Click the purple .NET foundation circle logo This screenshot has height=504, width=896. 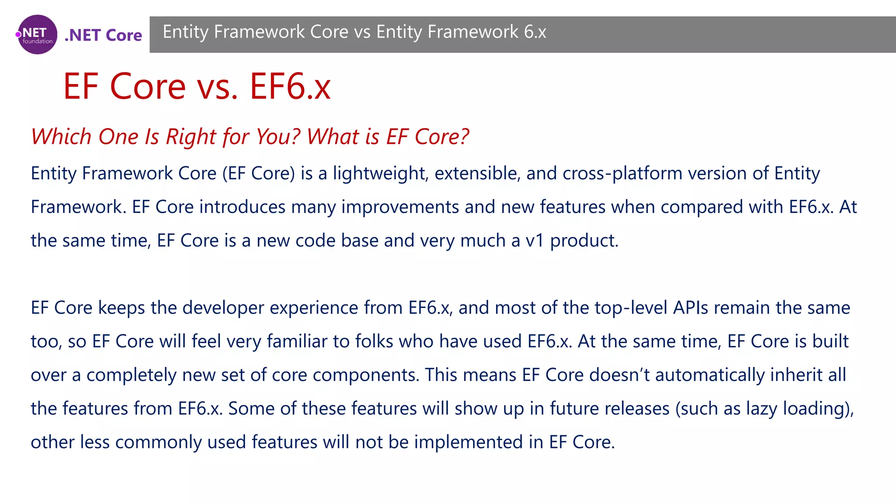[x=37, y=35]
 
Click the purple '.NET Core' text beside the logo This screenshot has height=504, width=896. [x=103, y=35]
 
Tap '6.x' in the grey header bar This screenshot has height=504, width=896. [x=535, y=32]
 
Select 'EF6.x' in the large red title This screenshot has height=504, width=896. [x=290, y=86]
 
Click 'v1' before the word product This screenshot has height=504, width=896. [x=535, y=241]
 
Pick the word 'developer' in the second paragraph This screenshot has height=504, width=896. [x=223, y=308]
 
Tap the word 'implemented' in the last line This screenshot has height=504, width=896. [x=468, y=442]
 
